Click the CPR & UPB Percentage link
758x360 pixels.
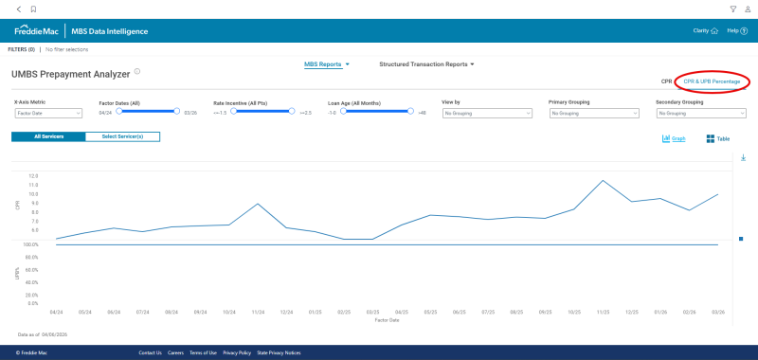713,81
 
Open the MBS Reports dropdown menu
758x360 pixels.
326,64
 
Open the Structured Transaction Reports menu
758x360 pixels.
425,64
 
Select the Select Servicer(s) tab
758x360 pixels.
122,136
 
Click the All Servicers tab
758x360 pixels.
48,136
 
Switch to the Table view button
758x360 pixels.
717,139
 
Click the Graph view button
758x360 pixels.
674,139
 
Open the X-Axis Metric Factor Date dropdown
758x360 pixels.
48,114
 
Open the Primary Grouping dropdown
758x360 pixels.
594,114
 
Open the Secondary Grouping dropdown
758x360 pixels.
701,114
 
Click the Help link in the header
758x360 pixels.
737,31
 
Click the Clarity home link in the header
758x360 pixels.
706,31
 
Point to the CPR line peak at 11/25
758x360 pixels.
603,180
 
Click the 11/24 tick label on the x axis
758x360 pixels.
258,312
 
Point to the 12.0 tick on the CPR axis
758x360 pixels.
33,176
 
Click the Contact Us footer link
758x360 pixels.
150,352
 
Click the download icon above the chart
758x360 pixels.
743,157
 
